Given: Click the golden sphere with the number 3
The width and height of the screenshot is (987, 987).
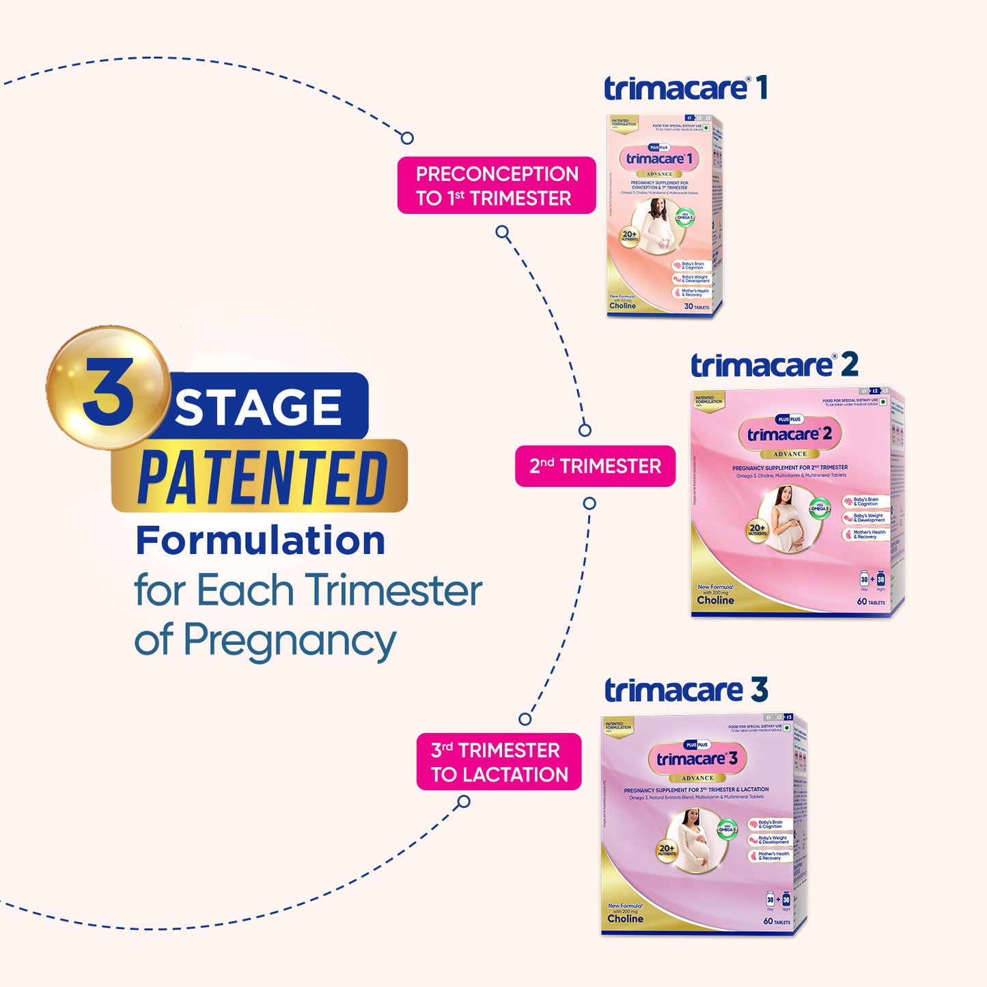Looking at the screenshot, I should (x=108, y=387).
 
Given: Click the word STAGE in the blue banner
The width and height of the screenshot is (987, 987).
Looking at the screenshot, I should (x=258, y=408).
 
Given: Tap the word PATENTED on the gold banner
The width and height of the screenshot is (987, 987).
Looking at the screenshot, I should (x=263, y=477).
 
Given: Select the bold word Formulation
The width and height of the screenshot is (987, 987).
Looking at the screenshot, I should (x=260, y=541).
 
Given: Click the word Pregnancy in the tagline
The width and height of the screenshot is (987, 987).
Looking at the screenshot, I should (x=290, y=641).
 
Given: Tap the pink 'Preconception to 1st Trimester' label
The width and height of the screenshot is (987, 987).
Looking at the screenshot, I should (x=497, y=186).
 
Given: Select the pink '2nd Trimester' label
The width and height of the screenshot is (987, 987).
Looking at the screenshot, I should (x=595, y=467).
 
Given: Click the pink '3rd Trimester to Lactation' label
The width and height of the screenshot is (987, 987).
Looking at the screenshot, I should (x=499, y=762).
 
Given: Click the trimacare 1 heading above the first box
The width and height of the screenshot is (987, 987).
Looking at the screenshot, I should (x=685, y=89).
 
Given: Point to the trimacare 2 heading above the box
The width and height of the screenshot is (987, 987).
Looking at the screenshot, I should (x=774, y=365).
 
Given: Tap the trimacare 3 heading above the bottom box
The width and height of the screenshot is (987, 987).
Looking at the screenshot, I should (x=686, y=691).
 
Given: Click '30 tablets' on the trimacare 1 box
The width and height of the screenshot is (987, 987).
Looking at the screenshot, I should (x=697, y=307).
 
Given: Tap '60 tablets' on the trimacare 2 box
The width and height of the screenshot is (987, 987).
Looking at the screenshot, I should (x=871, y=602).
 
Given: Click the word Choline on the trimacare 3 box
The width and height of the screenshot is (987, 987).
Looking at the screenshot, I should (x=625, y=919).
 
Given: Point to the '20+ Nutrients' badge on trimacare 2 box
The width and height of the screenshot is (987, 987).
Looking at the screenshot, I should (x=757, y=530).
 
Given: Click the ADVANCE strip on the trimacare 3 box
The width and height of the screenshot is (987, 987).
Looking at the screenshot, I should (x=697, y=778).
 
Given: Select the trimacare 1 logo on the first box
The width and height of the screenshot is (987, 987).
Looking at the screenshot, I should (x=659, y=159).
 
